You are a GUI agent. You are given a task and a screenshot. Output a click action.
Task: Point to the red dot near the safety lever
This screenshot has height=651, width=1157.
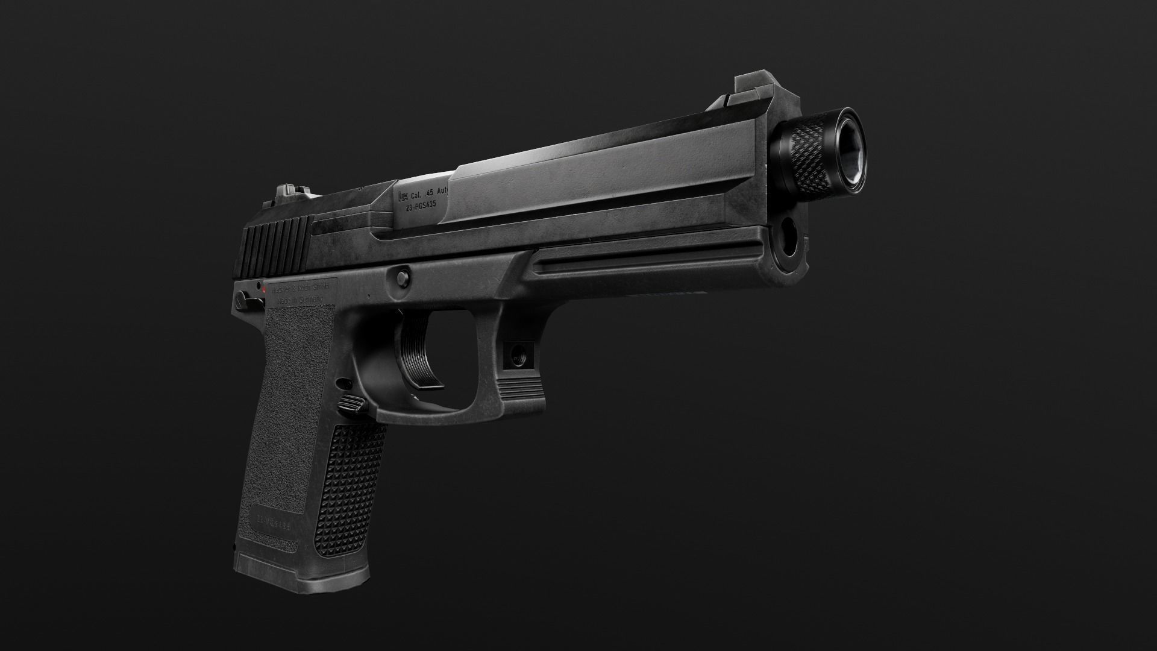(x=264, y=291)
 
